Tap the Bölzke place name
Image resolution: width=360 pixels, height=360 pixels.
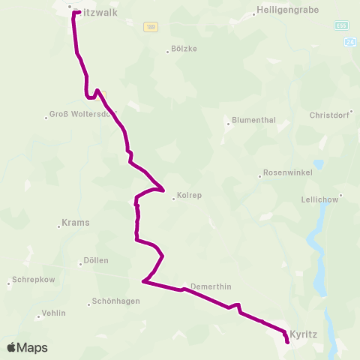[x=184, y=49]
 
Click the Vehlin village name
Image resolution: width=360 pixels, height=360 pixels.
[x=55, y=315]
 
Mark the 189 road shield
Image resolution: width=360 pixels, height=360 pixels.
[x=151, y=26]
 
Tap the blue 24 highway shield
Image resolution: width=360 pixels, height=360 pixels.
[x=351, y=43]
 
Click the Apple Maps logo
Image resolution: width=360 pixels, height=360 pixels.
[x=27, y=347]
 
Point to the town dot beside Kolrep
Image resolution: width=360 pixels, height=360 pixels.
[x=174, y=198]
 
